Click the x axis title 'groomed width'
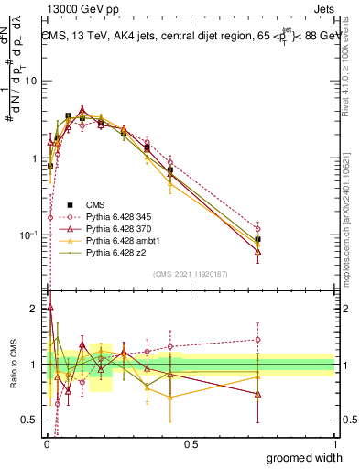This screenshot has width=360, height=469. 300,457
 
